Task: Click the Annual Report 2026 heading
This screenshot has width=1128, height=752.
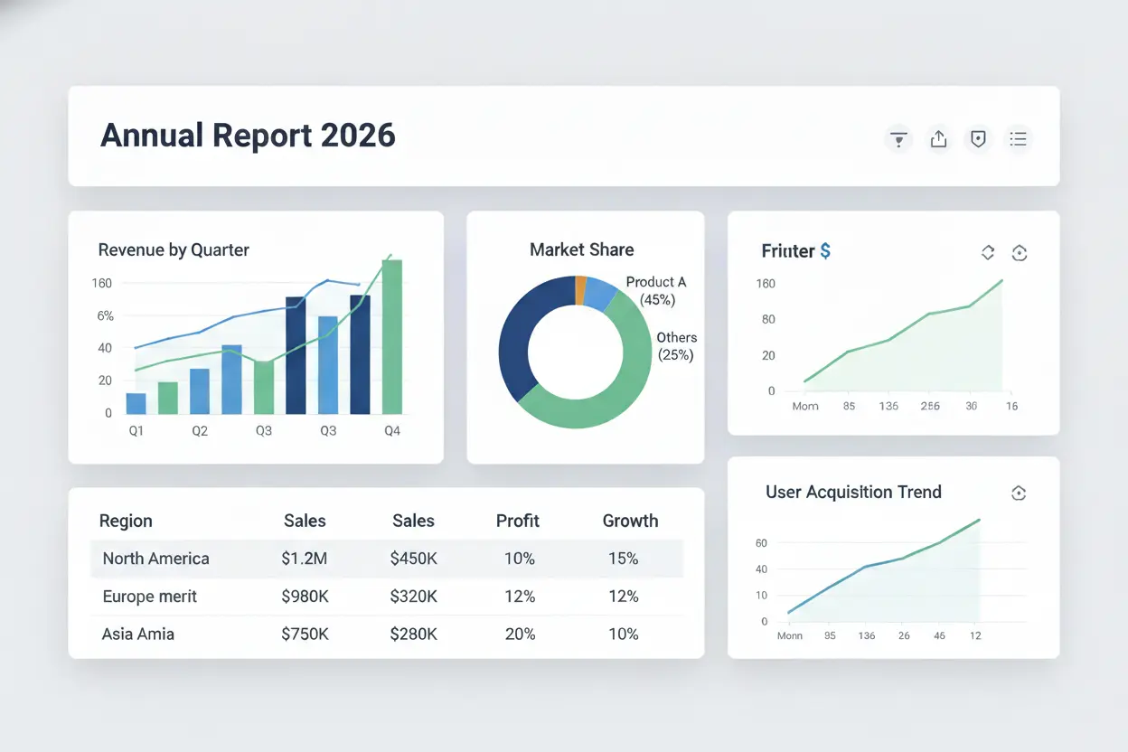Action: tap(248, 136)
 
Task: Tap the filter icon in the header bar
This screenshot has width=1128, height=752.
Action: tap(898, 139)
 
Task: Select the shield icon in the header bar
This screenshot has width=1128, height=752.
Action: tap(978, 139)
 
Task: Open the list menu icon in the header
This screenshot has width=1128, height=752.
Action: tap(1019, 139)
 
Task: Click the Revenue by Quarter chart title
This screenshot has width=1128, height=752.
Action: tap(174, 250)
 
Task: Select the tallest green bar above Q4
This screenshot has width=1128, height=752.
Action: tap(392, 336)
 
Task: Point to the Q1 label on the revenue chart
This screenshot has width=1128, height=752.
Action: tap(136, 431)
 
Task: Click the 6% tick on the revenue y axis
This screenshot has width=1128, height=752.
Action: tap(105, 316)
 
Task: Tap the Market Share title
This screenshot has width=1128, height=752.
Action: tap(582, 249)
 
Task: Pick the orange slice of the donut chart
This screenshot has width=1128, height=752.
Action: tap(580, 289)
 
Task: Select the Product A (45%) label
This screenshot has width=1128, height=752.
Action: tap(656, 291)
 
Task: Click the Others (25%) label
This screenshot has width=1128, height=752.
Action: tap(676, 346)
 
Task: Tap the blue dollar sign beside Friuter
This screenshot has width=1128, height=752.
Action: tap(825, 251)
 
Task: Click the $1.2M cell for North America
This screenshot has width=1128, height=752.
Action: tap(304, 559)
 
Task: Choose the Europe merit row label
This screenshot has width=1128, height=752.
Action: tap(149, 597)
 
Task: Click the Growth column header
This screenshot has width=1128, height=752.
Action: tap(630, 521)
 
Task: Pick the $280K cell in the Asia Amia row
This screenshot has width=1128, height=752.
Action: tap(413, 634)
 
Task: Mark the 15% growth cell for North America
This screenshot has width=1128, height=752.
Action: tap(624, 559)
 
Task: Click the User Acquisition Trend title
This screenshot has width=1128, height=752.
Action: tap(853, 492)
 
